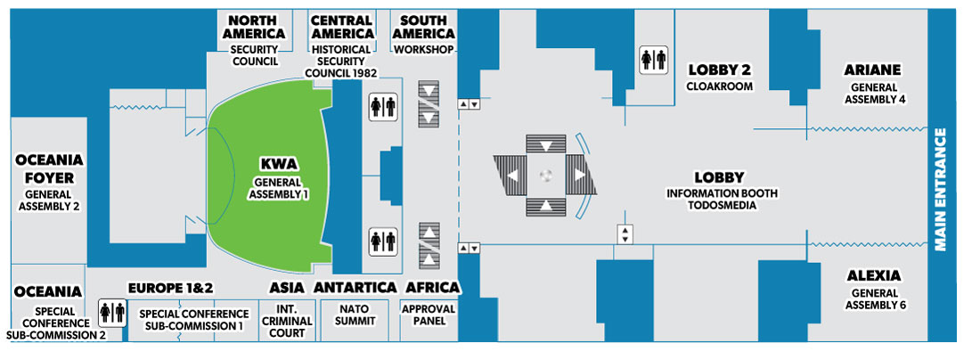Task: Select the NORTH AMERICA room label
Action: point(255,27)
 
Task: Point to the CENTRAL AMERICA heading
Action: point(341,27)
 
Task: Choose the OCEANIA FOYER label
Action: point(48,169)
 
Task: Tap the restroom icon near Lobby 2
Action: point(653,60)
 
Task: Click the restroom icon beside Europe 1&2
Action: point(113,313)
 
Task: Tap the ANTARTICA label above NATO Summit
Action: point(355,288)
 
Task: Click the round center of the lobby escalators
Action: point(546,176)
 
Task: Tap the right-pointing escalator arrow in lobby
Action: point(580,176)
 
